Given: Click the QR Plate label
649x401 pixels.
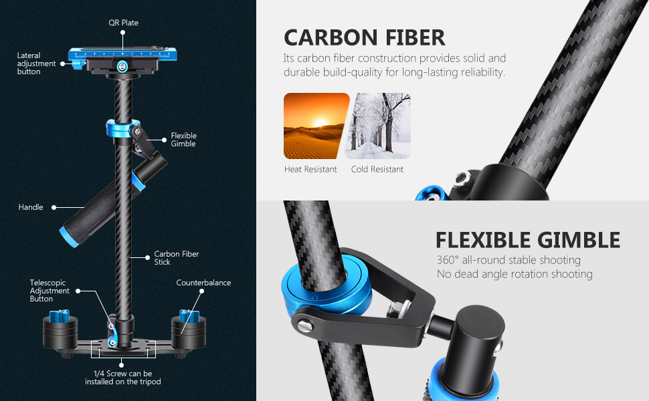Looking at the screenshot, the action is [124, 23].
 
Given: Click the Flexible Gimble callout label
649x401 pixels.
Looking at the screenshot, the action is [183, 140].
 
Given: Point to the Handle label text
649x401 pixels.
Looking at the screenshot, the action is [31, 207].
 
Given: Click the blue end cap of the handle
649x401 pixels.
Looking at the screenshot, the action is [68, 235].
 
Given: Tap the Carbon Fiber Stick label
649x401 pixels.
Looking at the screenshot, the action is [177, 258].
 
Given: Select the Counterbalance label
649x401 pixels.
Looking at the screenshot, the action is [203, 283].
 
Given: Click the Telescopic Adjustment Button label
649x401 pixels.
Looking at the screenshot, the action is [50, 291].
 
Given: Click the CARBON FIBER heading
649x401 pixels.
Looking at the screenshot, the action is [364, 37].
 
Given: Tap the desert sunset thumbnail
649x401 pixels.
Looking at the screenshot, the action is [316, 126].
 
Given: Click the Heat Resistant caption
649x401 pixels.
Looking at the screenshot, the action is [310, 170].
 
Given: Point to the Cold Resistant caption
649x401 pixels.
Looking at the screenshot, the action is [377, 170].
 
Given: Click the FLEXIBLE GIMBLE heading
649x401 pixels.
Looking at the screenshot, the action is [527, 240].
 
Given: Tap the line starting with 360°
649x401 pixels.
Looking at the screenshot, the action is [508, 260].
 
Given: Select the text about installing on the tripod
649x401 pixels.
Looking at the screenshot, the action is [123, 378].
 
